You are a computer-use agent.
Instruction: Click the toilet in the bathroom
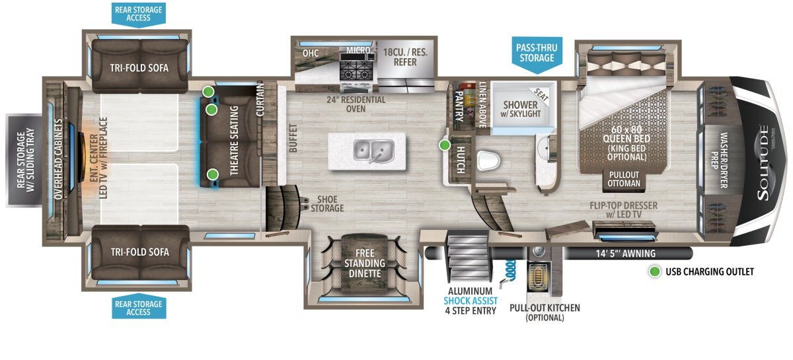pos(488,161)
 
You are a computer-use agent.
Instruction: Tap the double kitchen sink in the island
pos(373,151)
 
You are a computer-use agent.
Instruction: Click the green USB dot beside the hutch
pos(445,145)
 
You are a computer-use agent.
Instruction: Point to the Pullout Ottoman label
pos(624,179)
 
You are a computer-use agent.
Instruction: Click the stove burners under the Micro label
pos(355,70)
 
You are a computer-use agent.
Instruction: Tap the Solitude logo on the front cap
pos(764,162)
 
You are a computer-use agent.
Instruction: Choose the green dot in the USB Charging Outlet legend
pos(655,271)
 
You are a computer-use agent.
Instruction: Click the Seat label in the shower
pos(541,94)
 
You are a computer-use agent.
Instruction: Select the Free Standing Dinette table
pos(365,263)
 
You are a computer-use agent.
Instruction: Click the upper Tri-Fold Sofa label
pos(139,68)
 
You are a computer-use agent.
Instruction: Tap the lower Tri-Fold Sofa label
pos(140,252)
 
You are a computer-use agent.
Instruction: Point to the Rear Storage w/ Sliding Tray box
pos(24,160)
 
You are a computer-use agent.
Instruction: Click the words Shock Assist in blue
pos(471,301)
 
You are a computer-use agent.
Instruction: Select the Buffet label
pos(293,138)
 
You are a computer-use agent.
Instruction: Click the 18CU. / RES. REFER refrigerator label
pos(405,57)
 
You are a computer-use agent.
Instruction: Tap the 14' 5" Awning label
pos(626,254)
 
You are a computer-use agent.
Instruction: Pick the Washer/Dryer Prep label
pos(720,160)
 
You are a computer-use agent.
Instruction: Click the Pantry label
pos(459,106)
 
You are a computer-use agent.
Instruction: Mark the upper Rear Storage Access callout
pos(138,14)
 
